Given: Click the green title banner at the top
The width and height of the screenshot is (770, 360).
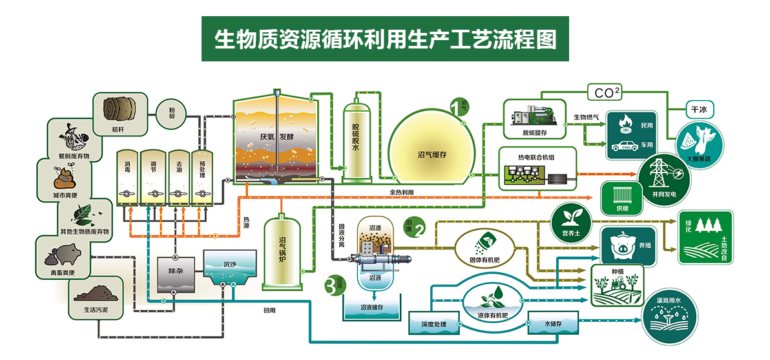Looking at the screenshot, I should (x=384, y=39).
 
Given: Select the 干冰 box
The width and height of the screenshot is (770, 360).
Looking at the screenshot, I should (x=699, y=110).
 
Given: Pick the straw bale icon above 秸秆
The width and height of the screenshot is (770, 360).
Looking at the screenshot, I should (x=117, y=111).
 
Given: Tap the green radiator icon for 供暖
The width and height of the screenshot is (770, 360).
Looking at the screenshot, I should (x=620, y=197).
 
